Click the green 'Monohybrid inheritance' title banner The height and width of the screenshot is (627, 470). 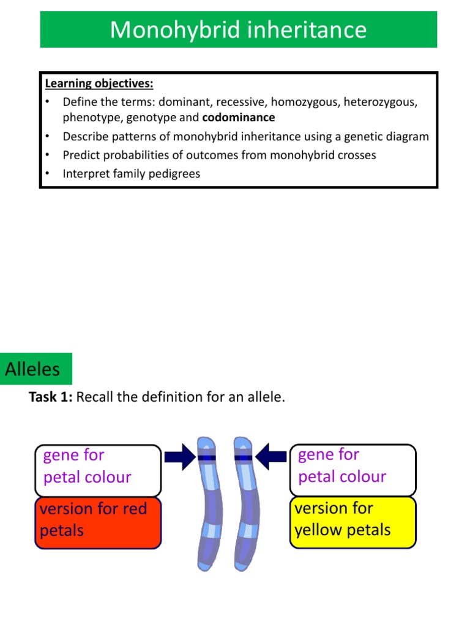[239, 29]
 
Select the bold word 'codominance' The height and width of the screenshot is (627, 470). [239, 117]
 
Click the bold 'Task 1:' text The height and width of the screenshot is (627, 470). [51, 397]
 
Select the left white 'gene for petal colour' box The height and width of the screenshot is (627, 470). [98, 470]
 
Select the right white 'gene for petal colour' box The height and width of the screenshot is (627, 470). [352, 469]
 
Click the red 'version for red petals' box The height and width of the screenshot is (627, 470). [98, 522]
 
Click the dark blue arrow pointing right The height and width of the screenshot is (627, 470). [179, 457]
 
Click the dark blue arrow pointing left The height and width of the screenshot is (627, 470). [271, 457]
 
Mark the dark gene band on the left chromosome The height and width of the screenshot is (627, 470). [206, 457]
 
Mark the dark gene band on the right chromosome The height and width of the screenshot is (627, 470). [244, 457]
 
